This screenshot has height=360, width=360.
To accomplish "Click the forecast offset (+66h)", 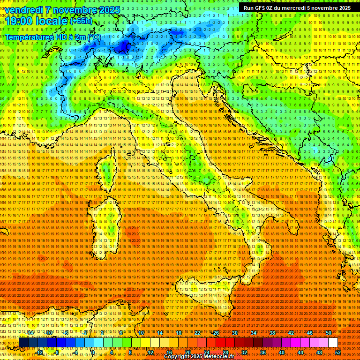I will coord(81,22).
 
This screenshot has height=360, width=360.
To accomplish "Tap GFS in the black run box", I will coord(263,8).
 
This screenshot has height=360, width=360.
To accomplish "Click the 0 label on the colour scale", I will coord(93,352).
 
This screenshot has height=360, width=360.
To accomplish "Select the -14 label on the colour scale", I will coord(30,333).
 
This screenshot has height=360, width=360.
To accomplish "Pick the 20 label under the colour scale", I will coord(187,352).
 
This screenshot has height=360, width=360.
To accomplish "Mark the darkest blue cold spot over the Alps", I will coord(124,46).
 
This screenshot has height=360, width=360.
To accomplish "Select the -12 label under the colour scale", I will coord(40,352).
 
